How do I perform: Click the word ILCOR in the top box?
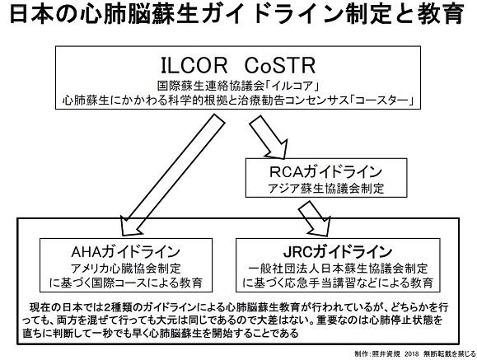coord(194,65)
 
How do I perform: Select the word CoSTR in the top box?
coord(280,65)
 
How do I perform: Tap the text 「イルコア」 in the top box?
coord(292,86)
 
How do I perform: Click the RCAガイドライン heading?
coord(325,172)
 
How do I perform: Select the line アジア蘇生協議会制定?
coord(325,189)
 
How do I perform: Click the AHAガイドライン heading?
coord(126,252)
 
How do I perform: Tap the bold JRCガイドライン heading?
coord(338,252)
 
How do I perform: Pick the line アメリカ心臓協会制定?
coord(126,269)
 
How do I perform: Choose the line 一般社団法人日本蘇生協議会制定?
coord(338,269)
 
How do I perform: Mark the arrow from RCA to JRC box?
coord(314,217)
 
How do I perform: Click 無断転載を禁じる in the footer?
coord(449,354)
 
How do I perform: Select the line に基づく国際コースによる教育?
coord(126,283)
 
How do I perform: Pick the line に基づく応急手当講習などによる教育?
coord(338,283)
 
